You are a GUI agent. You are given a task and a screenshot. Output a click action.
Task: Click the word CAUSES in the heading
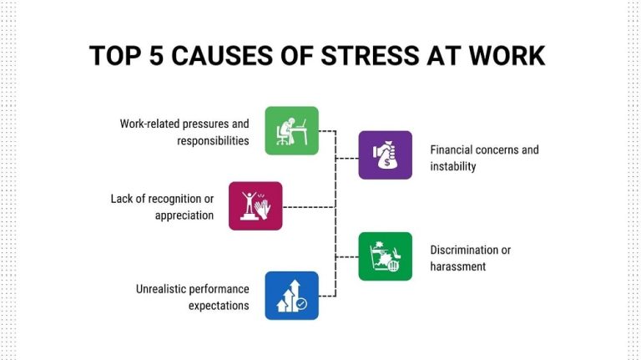pyautogui.click(x=237, y=55)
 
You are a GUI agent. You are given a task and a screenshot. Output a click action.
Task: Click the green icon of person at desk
pyautogui.click(x=291, y=130)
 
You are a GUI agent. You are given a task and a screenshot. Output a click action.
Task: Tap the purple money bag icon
pyautogui.click(x=385, y=155)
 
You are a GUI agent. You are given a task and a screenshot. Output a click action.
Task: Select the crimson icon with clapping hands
pyautogui.click(x=255, y=205)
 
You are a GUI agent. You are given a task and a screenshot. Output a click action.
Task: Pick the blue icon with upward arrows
pyautogui.click(x=291, y=295)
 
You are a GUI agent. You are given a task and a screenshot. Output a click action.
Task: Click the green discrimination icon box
pyautogui.click(x=385, y=256)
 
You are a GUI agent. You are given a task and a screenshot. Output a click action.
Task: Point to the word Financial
pyautogui.click(x=456, y=150)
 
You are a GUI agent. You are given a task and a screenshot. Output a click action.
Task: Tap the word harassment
pyautogui.click(x=458, y=266)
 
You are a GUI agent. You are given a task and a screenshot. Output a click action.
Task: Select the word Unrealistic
pyautogui.click(x=164, y=289)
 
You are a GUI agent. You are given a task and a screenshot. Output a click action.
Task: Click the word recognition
pyautogui.click(x=173, y=199)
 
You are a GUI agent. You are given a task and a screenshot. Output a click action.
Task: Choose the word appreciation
pyautogui.click(x=184, y=215)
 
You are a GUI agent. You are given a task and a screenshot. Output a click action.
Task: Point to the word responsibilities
pyautogui.click(x=213, y=140)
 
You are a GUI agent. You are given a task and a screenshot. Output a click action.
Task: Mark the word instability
pyautogui.click(x=453, y=167)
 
